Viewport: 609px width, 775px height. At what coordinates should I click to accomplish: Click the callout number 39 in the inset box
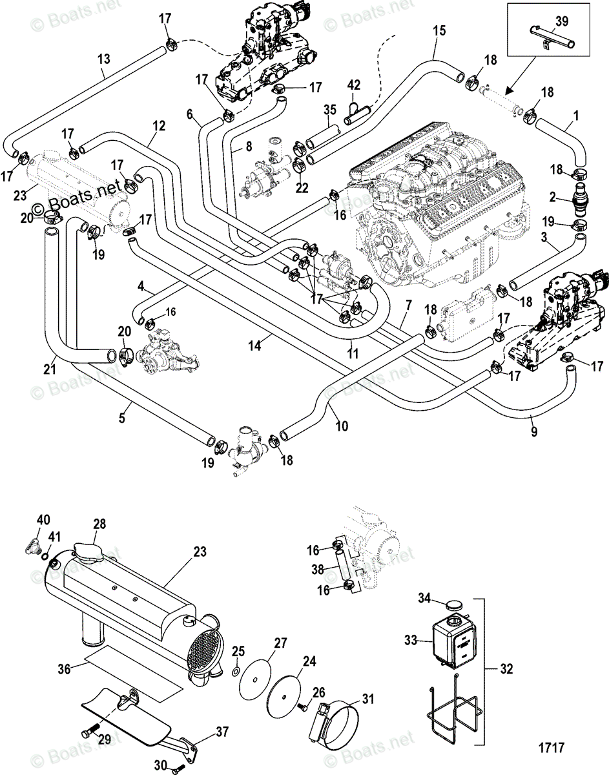point(562,21)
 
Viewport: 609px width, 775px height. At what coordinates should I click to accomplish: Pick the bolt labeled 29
point(88,734)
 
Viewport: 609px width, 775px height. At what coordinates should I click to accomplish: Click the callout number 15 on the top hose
point(439,30)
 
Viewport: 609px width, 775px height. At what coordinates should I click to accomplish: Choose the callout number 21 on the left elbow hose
point(50,369)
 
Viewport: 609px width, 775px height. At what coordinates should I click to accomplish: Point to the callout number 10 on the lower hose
point(342,426)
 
